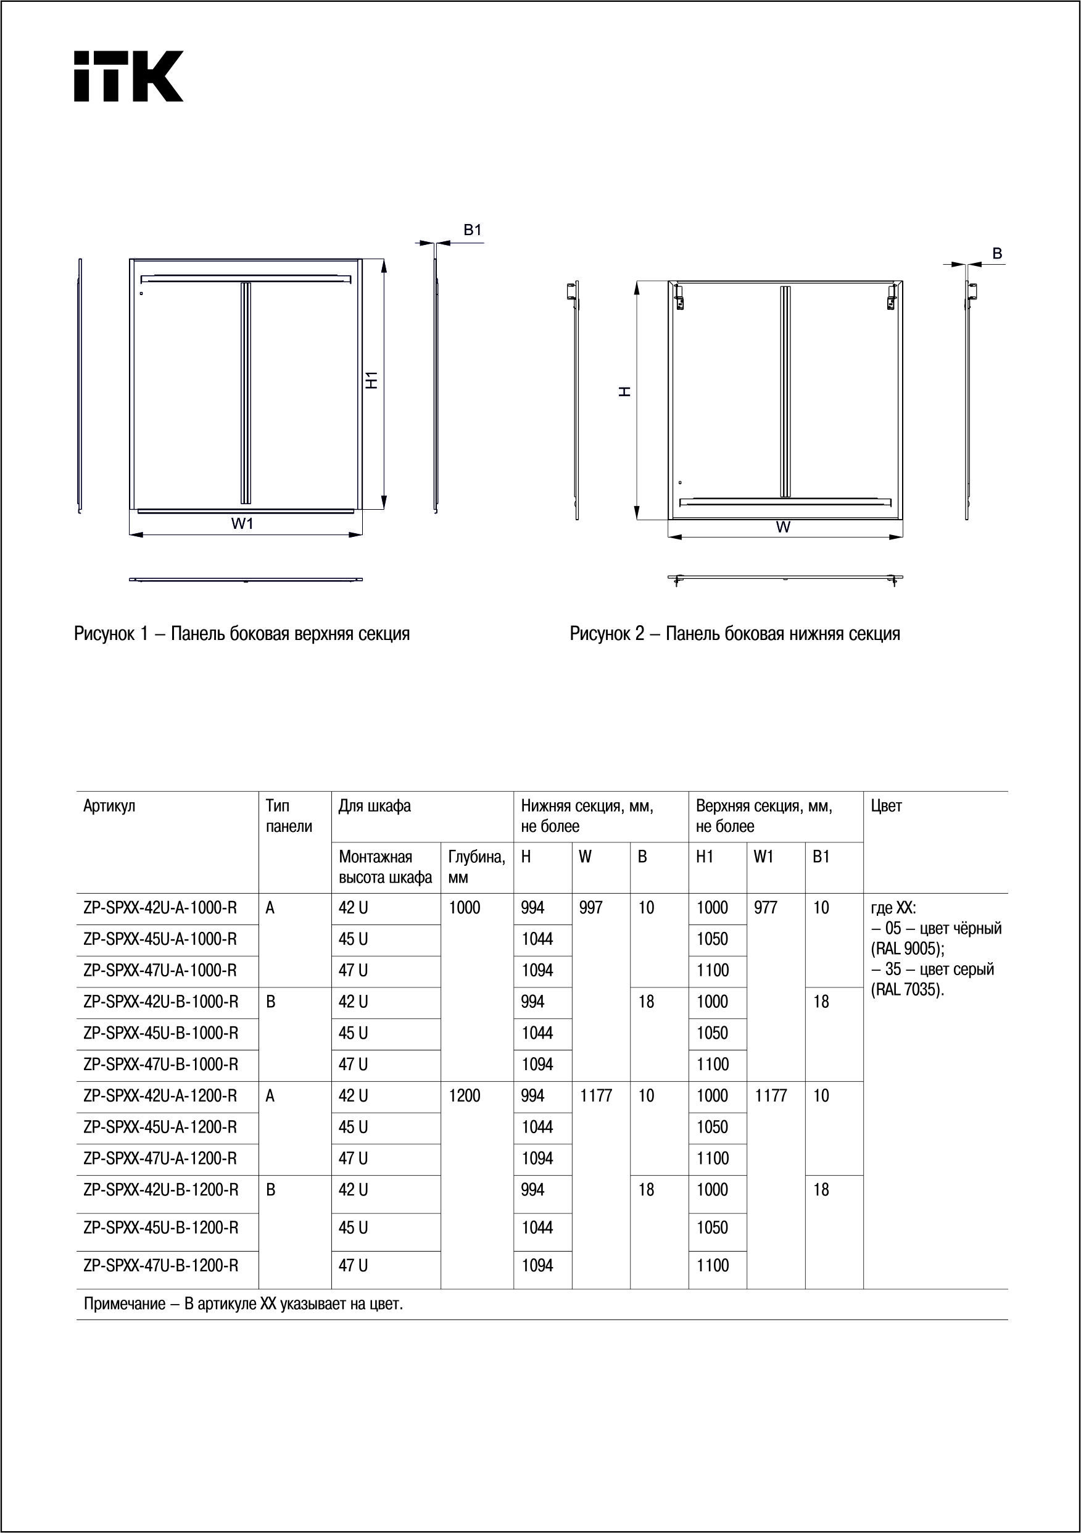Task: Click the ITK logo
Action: pyautogui.click(x=128, y=76)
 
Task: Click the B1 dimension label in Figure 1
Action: pyautogui.click(x=473, y=230)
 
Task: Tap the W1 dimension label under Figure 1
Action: pyautogui.click(x=243, y=523)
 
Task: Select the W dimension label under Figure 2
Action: pyautogui.click(x=783, y=527)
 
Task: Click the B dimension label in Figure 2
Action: pyautogui.click(x=997, y=254)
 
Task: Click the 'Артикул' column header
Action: pyautogui.click(x=109, y=806)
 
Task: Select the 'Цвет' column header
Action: pyautogui.click(x=887, y=806)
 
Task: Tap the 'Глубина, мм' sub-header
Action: pyautogui.click(x=476, y=866)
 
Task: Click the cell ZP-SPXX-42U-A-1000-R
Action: pyautogui.click(x=160, y=908)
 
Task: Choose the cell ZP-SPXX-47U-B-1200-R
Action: pyautogui.click(x=161, y=1265)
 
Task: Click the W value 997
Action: pyautogui.click(x=591, y=908)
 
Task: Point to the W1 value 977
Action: pyautogui.click(x=766, y=908)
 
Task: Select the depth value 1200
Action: pyautogui.click(x=465, y=1095)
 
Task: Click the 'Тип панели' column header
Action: pyautogui.click(x=288, y=816)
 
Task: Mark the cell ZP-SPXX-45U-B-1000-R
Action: pyautogui.click(x=161, y=1033)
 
